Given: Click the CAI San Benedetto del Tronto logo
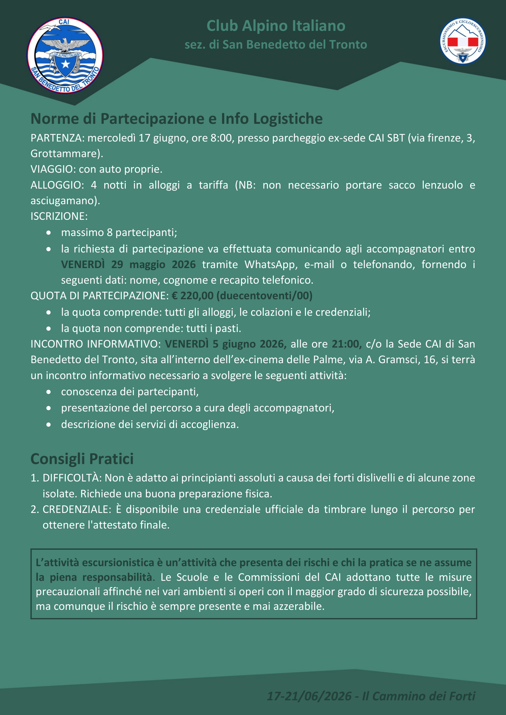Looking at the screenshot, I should pos(65,55).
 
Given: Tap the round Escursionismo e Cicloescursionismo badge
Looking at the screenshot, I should pos(462,41).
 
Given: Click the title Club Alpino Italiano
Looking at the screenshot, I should pos(276,26).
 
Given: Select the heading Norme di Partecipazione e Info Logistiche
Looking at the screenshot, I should pos(176,119).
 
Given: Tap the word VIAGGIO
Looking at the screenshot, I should pos(51,169).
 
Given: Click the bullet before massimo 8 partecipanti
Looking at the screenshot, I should pos(49,233).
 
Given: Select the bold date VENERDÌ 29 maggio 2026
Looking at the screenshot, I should pos(128,264).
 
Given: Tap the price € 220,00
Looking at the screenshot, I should pos(192,296).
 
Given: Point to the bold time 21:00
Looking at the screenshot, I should pos(345,344).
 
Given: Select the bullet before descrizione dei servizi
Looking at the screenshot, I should pos(49,425).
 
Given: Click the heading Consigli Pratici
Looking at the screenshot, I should pos(82,459).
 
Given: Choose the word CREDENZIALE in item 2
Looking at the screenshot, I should pos(77,509).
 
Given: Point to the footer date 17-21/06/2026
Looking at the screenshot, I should pos(309,696).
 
